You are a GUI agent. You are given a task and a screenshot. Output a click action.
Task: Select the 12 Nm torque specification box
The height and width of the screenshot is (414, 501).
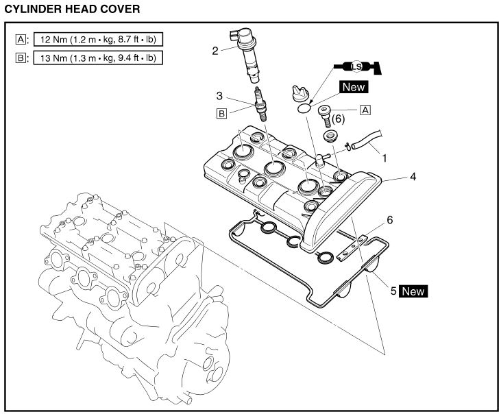[95, 39]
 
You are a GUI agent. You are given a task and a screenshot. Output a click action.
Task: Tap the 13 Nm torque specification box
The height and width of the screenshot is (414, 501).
[95, 58]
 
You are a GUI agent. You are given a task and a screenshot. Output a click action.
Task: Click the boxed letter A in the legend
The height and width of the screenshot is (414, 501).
[19, 39]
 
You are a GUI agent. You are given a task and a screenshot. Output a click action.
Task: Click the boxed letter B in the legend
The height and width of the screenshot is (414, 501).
[19, 58]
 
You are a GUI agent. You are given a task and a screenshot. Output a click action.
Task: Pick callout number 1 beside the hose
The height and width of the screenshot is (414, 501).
[384, 158]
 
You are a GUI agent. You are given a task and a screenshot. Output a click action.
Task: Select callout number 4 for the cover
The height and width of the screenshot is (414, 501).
[413, 176]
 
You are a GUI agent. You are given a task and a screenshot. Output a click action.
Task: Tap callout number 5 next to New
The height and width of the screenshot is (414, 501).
[393, 291]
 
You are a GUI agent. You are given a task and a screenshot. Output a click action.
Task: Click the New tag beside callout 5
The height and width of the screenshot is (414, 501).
[413, 291]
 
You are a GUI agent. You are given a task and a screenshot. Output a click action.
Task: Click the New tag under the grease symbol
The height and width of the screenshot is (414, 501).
[354, 87]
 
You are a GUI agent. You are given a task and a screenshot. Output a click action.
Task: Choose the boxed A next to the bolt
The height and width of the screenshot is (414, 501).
[365, 109]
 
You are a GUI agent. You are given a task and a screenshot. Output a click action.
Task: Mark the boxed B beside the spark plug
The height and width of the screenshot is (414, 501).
[221, 114]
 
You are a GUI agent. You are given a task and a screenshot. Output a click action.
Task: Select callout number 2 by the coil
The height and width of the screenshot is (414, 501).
[215, 49]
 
